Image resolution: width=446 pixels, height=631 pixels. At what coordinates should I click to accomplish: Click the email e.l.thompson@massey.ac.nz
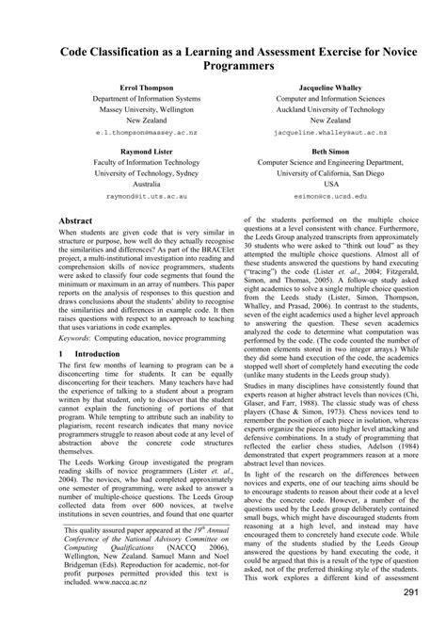point(134,135)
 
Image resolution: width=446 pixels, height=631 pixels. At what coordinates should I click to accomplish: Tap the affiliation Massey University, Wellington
point(134,109)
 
